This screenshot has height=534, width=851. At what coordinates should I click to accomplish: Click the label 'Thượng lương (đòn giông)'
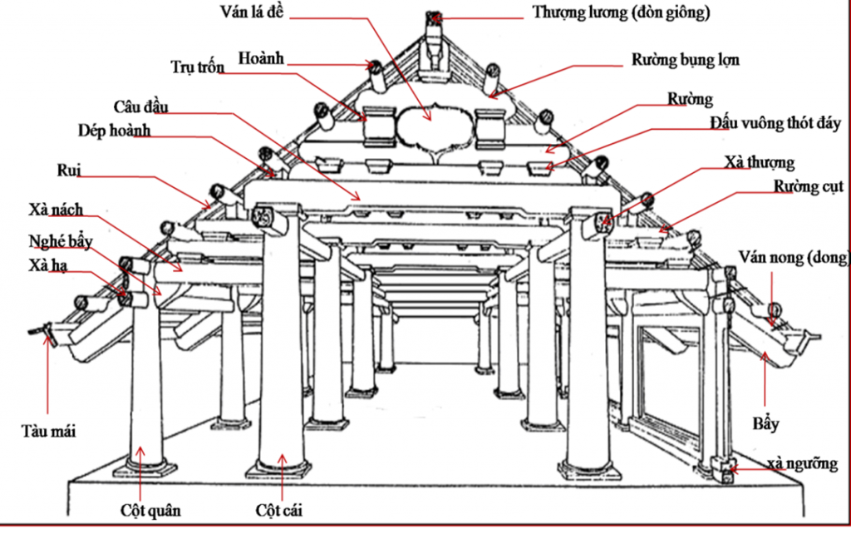[621, 12]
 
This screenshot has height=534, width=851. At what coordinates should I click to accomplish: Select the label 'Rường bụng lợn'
[685, 60]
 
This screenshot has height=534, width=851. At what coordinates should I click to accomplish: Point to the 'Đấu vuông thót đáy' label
[775, 124]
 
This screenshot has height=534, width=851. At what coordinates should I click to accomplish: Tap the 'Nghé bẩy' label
[55, 241]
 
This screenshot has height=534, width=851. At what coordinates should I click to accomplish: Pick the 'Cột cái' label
[279, 509]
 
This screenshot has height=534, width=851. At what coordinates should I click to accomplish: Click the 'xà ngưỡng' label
[801, 463]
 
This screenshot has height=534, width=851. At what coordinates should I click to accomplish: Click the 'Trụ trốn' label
[197, 68]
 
